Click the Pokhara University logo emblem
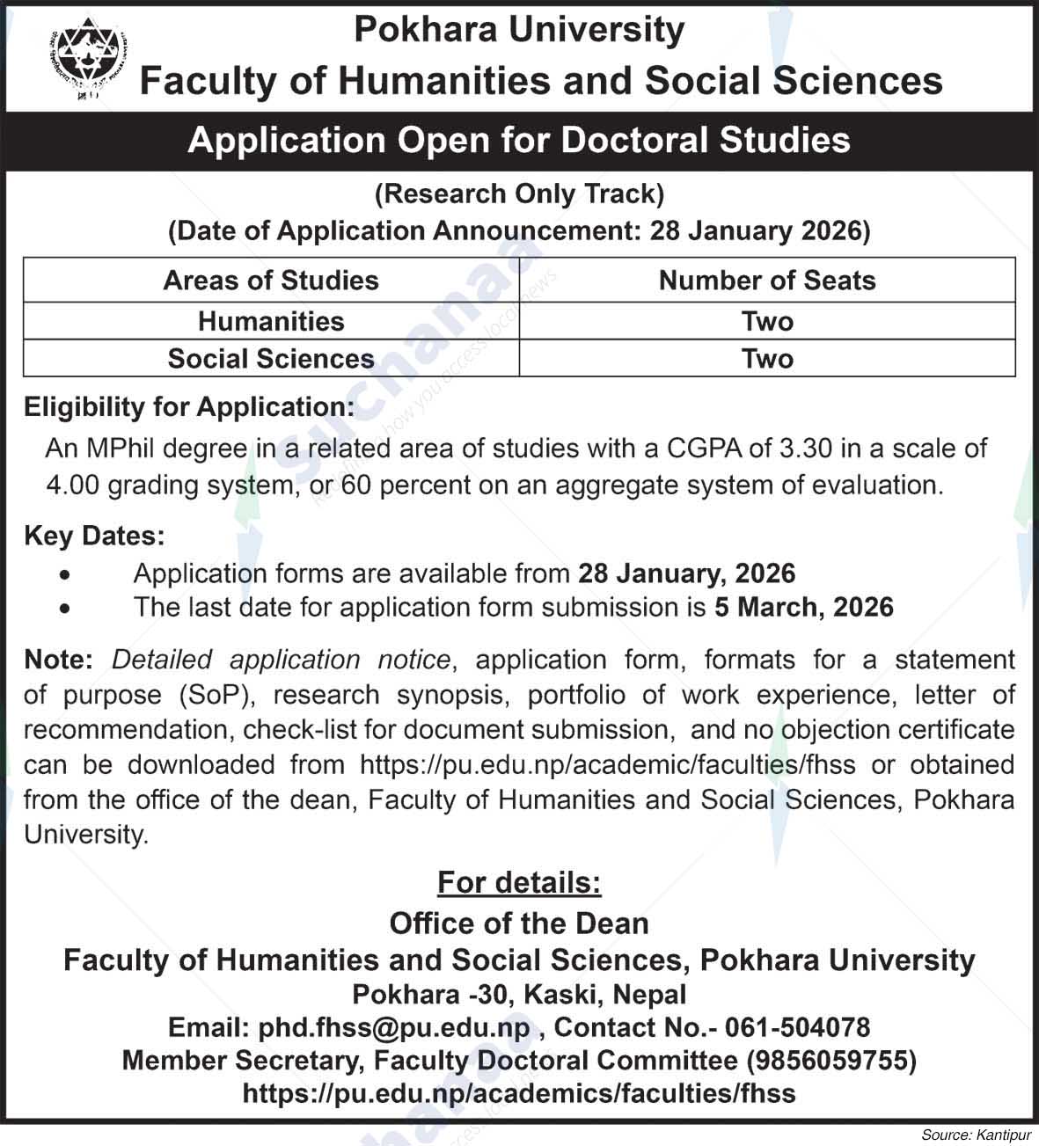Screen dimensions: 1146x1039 [85, 59]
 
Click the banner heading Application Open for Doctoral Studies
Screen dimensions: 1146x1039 [519, 141]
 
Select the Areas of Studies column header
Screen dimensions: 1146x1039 [271, 281]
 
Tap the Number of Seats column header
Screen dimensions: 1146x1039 [767, 281]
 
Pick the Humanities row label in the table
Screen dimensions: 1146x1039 [271, 321]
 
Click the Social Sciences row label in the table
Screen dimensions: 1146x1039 [271, 359]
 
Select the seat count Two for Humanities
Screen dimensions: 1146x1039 [767, 321]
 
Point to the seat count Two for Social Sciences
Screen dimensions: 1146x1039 [767, 359]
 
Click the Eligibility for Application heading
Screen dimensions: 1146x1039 [189, 407]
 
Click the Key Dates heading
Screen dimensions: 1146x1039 [94, 536]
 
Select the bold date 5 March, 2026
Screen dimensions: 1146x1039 [804, 608]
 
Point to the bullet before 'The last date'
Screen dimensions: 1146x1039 [64, 609]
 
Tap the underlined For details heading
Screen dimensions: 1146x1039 [519, 882]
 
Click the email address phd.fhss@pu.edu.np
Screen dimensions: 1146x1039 [393, 1027]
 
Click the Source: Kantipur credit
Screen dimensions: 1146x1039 [977, 1135]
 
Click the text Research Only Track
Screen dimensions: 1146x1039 [519, 194]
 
